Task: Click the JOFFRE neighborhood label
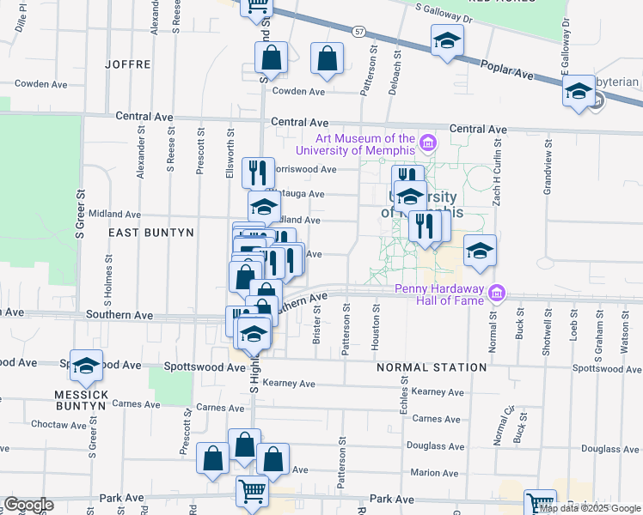(x=127, y=64)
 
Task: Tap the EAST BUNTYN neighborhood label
(x=150, y=233)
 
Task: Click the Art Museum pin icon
(x=427, y=141)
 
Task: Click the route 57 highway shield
(x=359, y=32)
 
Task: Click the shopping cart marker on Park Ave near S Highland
(x=253, y=492)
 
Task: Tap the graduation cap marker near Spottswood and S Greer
(x=86, y=367)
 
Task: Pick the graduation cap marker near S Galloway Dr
(x=447, y=40)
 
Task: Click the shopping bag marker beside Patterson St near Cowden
(x=328, y=59)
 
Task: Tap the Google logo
(x=28, y=505)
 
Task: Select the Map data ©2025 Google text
(x=590, y=508)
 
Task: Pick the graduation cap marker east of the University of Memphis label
(x=481, y=251)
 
